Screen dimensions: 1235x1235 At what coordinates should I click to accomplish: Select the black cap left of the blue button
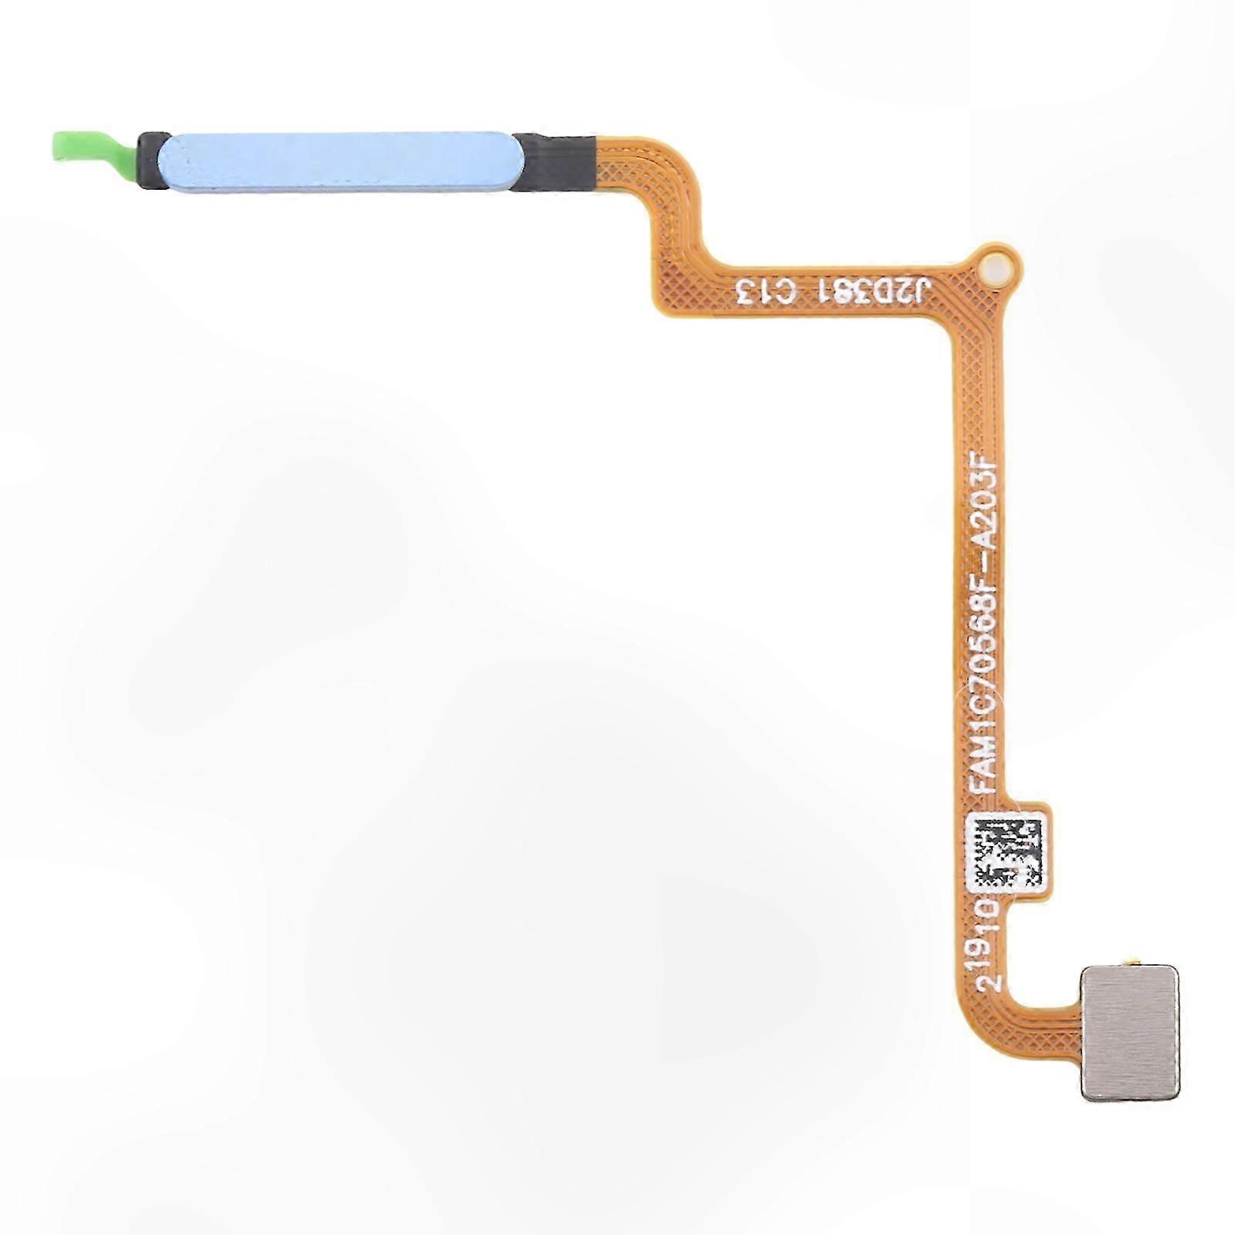[x=152, y=161]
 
